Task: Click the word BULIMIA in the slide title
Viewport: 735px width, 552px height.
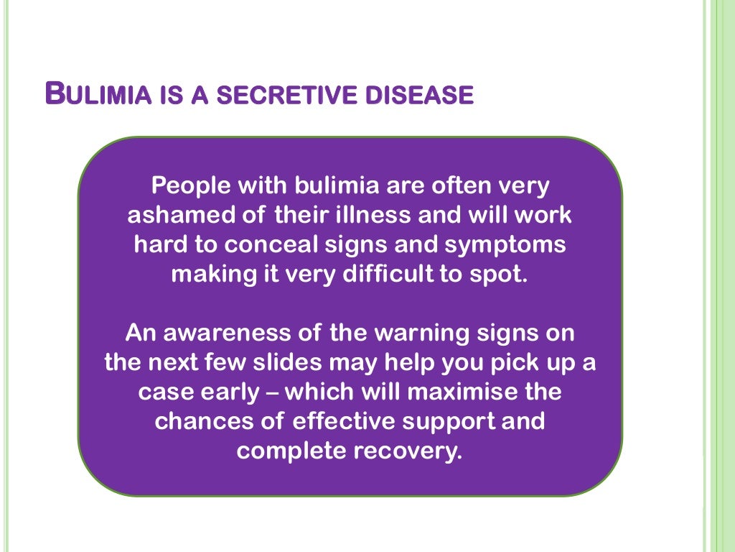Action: [97, 94]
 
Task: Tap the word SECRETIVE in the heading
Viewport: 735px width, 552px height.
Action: [281, 96]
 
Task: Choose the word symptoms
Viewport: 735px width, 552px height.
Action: [505, 244]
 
